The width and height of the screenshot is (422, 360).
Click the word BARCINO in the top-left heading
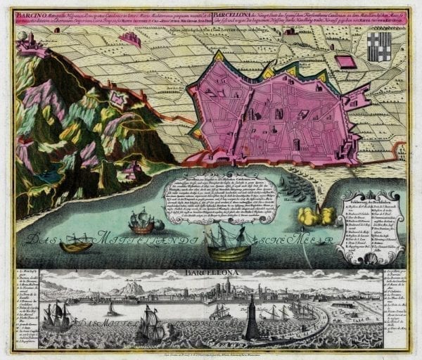[x=30, y=13]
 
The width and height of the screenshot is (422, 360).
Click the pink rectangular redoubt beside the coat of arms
[x=346, y=62]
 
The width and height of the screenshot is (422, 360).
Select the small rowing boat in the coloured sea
[x=75, y=246]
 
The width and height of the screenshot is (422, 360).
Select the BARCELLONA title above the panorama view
[x=219, y=271]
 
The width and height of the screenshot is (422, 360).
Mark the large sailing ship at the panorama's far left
[x=56, y=315]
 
